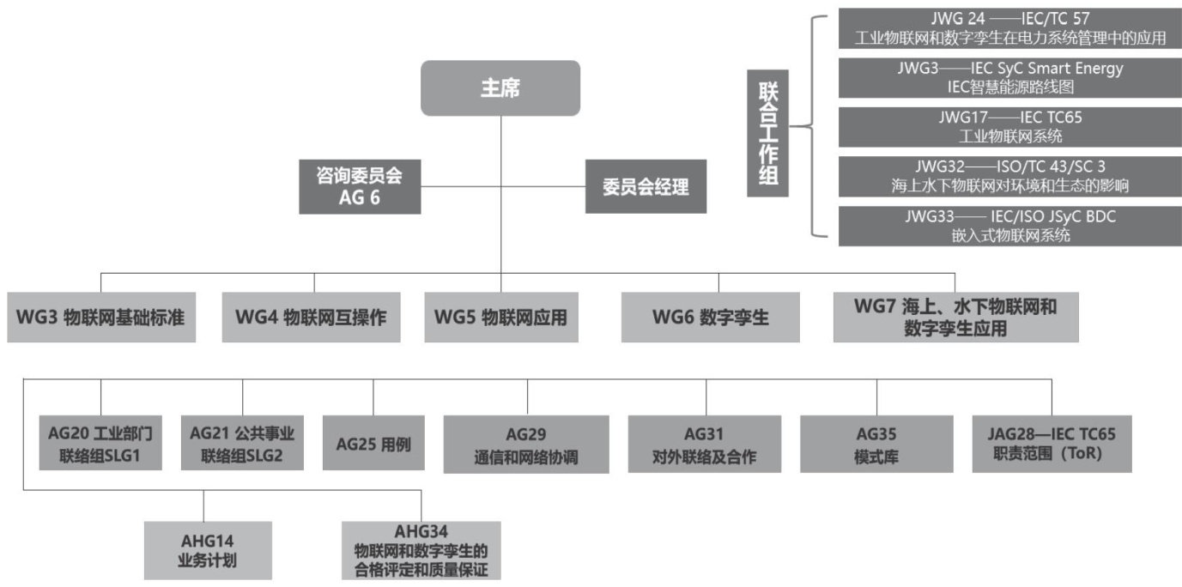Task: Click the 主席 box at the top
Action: tap(500, 88)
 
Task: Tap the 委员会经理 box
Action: tap(646, 187)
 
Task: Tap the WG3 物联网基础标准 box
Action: tap(100, 318)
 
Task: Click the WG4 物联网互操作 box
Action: tap(311, 318)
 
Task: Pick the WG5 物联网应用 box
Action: tap(500, 318)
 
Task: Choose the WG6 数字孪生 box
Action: tap(710, 318)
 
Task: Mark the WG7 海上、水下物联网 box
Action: tap(955, 317)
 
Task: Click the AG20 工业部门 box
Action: tap(100, 444)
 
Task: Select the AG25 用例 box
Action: tap(373, 444)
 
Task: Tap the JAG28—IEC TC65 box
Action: tap(1052, 444)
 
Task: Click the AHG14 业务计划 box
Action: tap(208, 551)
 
